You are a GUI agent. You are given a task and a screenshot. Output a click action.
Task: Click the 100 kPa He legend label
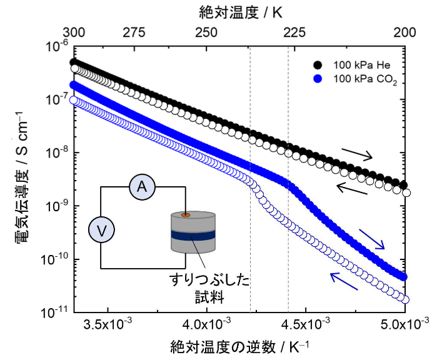(x=361, y=65)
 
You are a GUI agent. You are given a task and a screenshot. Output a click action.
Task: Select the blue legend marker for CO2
(x=318, y=79)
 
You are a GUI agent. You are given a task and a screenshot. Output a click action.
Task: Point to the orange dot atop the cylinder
(x=186, y=216)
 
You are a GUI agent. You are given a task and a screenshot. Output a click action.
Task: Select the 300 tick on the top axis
(x=74, y=32)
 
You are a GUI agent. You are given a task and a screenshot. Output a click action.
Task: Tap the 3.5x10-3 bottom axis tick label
(x=108, y=326)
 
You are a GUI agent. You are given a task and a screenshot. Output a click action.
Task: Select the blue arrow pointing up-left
(x=344, y=281)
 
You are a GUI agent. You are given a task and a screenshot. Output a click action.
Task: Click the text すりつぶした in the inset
(x=208, y=279)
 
